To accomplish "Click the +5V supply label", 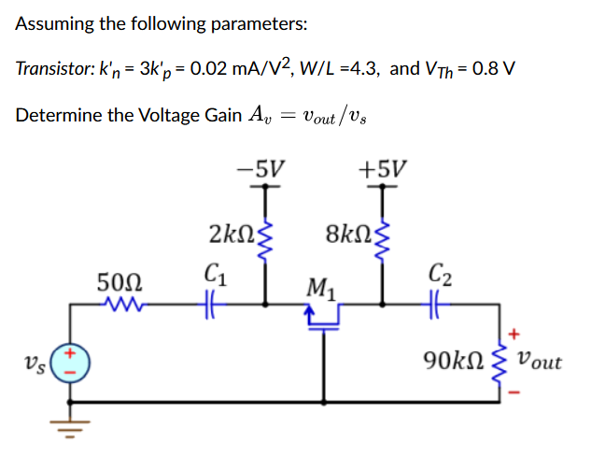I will tap(383, 169).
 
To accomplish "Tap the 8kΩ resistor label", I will tap(345, 233).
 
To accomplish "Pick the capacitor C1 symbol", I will tap(211, 304).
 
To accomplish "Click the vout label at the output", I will tap(539, 360).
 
